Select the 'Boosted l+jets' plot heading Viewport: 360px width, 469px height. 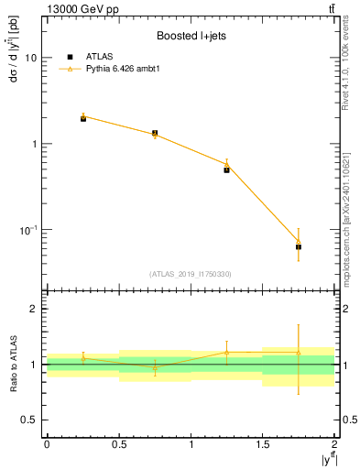click(x=191, y=37)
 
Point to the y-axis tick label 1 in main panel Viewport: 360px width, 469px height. click(x=34, y=144)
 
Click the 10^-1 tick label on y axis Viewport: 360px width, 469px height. click(x=28, y=229)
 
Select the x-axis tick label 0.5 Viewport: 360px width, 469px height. click(x=118, y=443)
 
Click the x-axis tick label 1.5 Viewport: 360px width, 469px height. click(x=263, y=443)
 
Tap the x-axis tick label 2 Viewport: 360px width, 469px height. click(x=335, y=443)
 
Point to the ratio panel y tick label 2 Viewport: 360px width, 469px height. click(x=34, y=309)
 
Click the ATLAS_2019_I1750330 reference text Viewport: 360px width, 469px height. click(x=191, y=274)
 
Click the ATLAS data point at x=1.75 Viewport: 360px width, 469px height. click(x=299, y=246)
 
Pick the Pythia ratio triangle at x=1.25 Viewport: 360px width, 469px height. click(x=226, y=352)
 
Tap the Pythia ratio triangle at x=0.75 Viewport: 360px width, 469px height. click(x=155, y=367)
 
